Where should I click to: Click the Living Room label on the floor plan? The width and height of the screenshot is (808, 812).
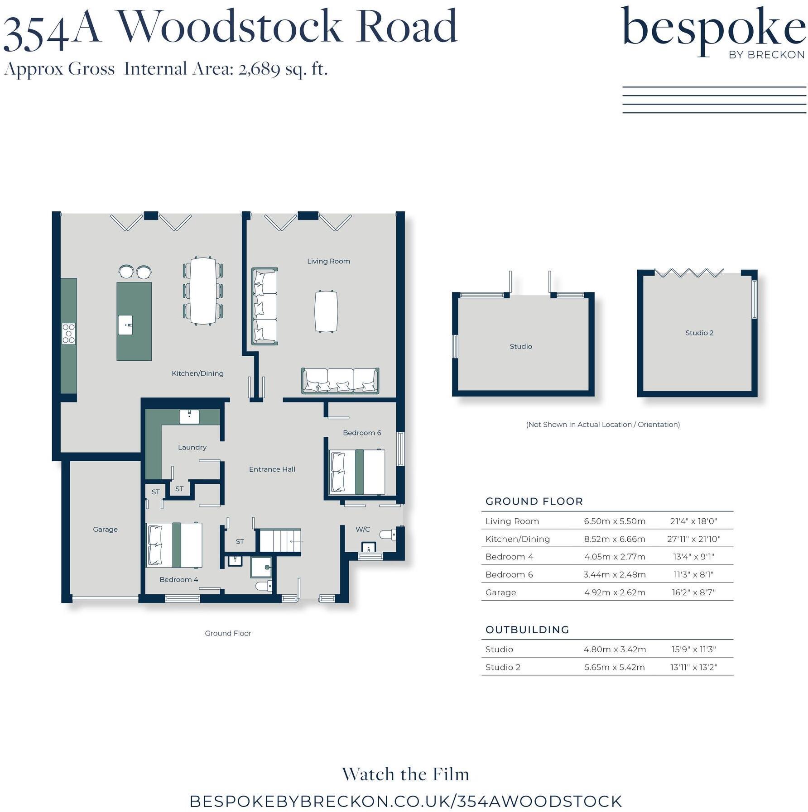pyautogui.click(x=328, y=261)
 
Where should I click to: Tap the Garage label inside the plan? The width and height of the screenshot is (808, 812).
pyautogui.click(x=105, y=529)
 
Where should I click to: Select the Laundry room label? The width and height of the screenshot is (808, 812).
pyautogui.click(x=192, y=447)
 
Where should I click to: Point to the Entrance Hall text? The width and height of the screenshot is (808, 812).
pyautogui.click(x=272, y=469)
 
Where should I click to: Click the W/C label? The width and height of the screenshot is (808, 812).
pyautogui.click(x=362, y=529)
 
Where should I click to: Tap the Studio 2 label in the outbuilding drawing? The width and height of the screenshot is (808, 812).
pyautogui.click(x=699, y=333)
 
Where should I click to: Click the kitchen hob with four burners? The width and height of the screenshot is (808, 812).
pyautogui.click(x=68, y=334)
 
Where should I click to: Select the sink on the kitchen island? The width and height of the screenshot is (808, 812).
pyautogui.click(x=125, y=325)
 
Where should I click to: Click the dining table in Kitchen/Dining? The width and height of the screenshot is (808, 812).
pyautogui.click(x=203, y=291)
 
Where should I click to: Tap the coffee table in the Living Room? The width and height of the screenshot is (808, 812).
pyautogui.click(x=326, y=311)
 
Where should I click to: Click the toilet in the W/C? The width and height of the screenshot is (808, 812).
pyautogui.click(x=388, y=535)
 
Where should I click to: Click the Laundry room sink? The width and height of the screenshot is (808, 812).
pyautogui.click(x=189, y=416)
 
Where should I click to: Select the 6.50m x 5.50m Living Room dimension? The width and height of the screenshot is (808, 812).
pyautogui.click(x=614, y=521)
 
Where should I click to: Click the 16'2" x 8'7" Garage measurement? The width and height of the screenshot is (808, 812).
pyautogui.click(x=693, y=592)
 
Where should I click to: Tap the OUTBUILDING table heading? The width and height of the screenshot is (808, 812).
pyautogui.click(x=527, y=630)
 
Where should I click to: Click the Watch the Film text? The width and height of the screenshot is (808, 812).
pyautogui.click(x=405, y=774)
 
